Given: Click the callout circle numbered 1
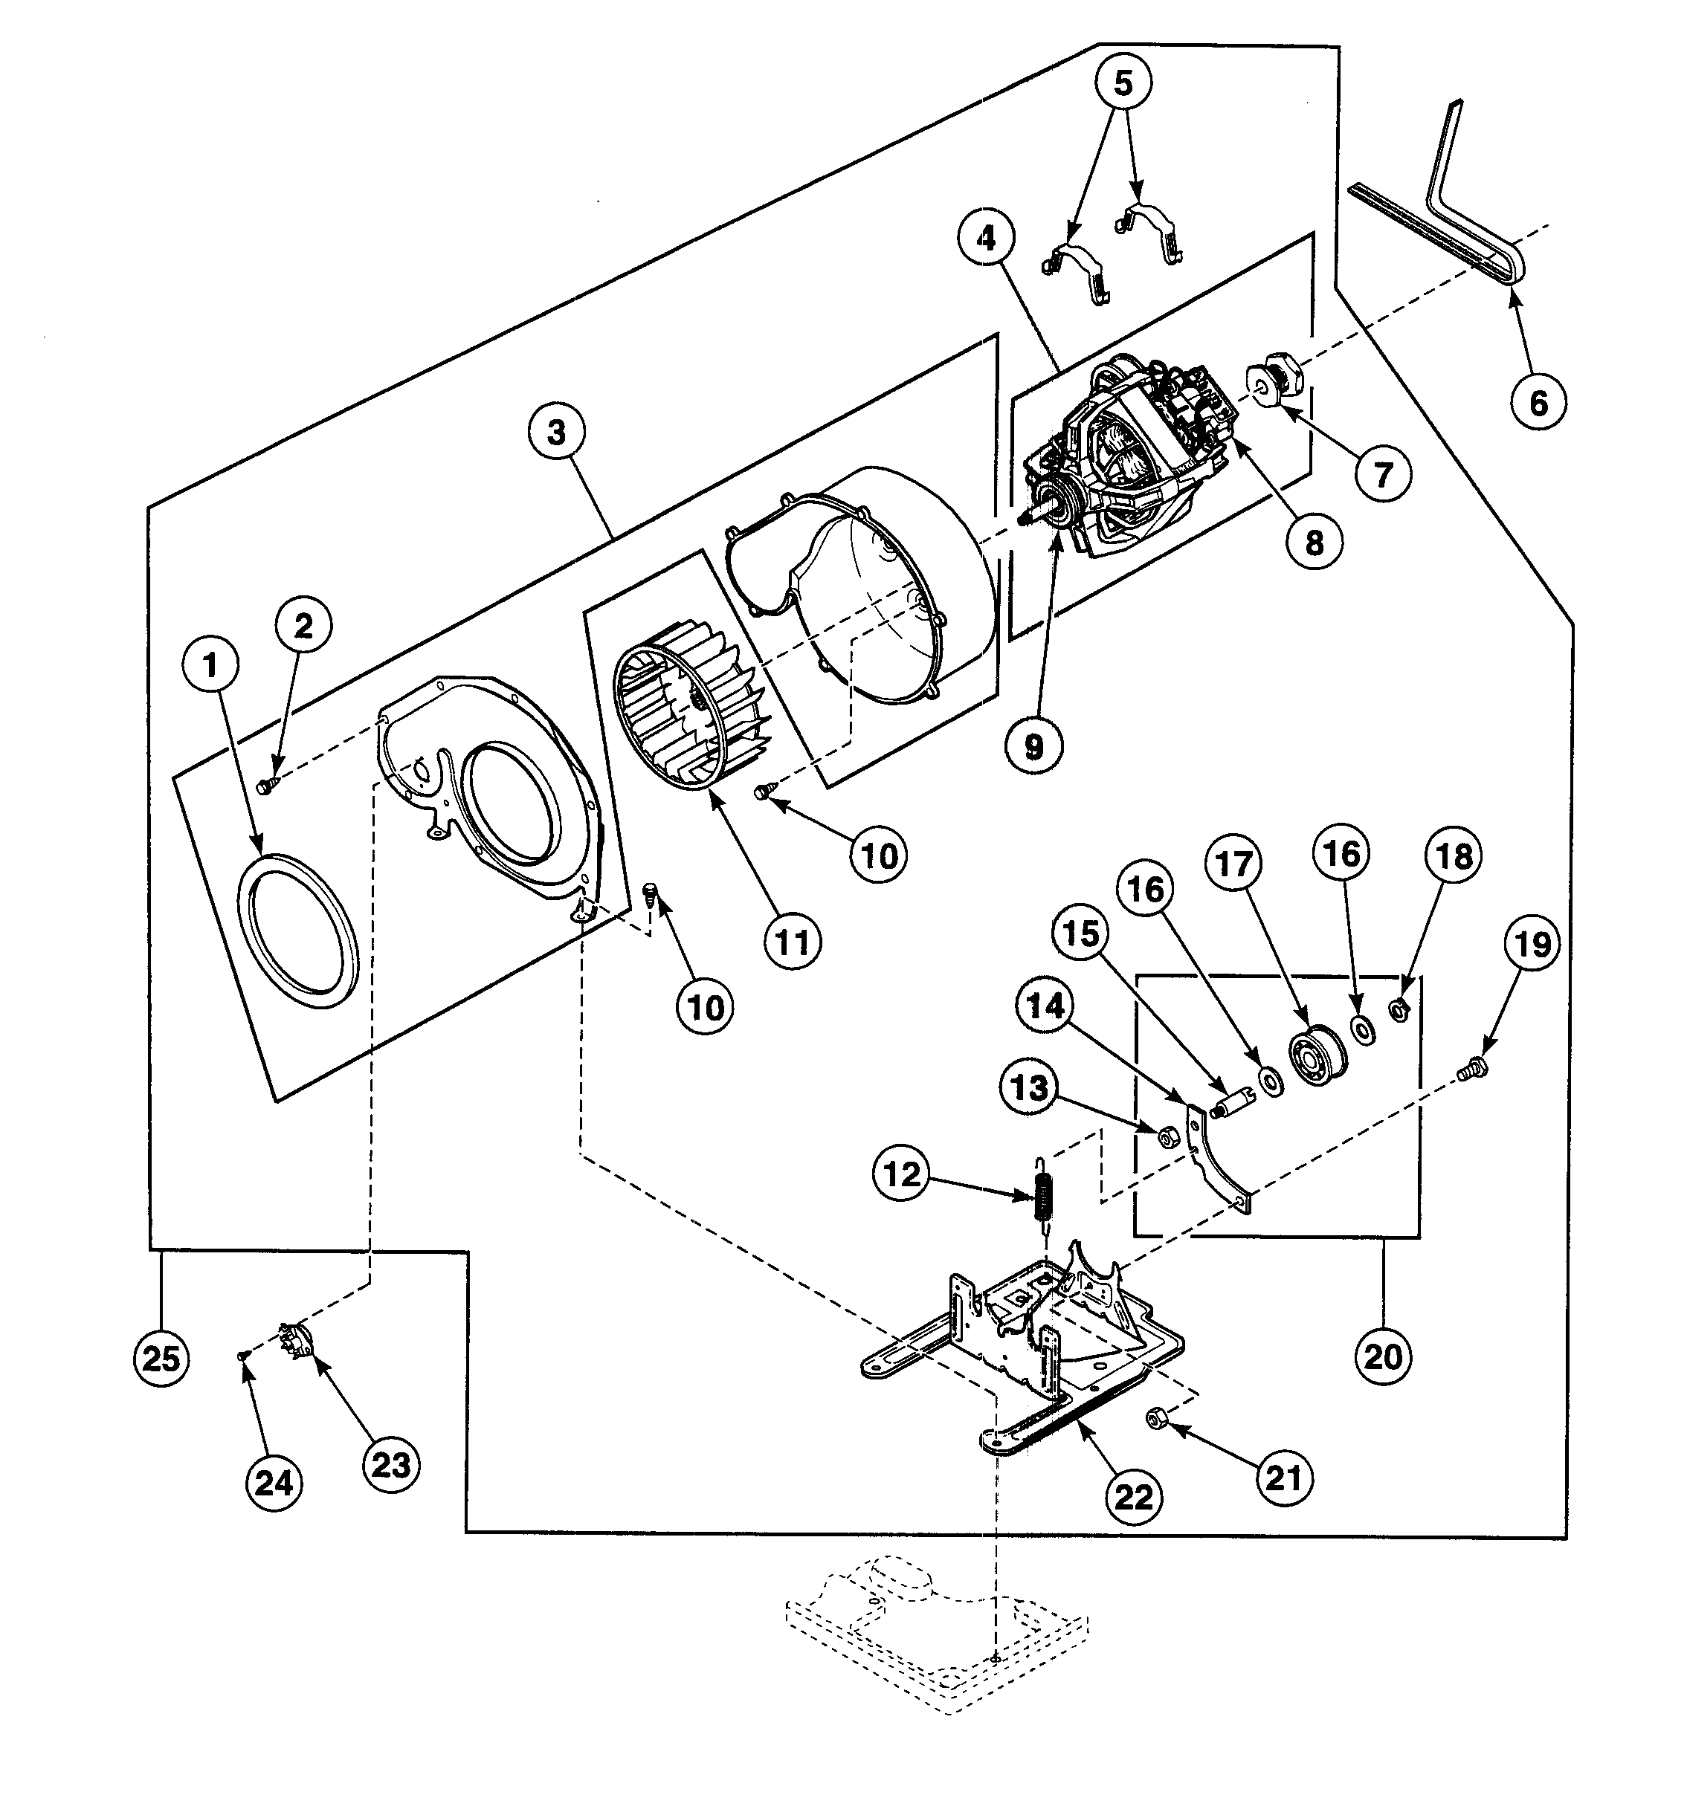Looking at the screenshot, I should coord(211,665).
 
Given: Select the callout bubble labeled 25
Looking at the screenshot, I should coord(161,1359).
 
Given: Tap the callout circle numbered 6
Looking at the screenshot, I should coord(1538,401).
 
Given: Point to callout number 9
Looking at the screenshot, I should coord(1033,746).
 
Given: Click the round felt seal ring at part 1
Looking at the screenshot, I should coord(298,929).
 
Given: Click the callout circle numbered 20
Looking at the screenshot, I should coord(1383,1357).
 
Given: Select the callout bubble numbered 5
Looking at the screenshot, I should coord(1123,83).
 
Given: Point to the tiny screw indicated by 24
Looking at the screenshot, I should coord(242,1357).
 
